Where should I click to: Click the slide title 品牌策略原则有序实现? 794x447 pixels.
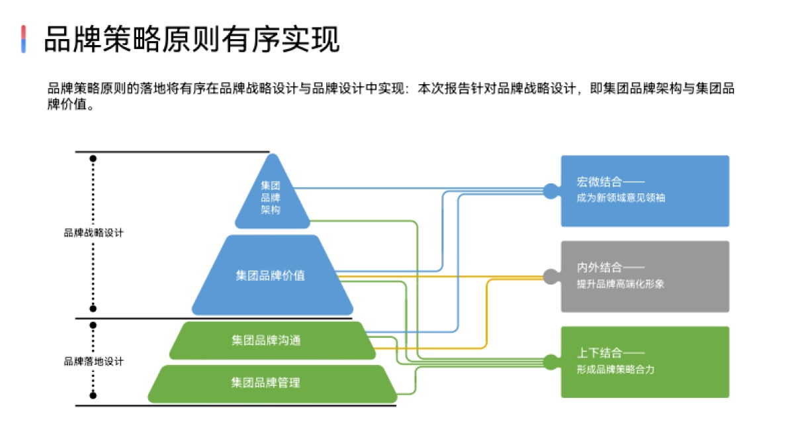[192, 40]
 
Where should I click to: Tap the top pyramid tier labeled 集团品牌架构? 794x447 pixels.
[271, 197]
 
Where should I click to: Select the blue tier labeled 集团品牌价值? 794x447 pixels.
[271, 275]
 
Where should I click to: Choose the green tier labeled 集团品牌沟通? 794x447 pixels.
[266, 340]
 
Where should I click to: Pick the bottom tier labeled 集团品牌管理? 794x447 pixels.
[266, 383]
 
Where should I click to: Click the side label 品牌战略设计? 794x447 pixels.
[93, 233]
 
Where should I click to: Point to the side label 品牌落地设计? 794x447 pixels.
[93, 362]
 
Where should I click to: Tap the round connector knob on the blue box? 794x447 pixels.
[551, 191]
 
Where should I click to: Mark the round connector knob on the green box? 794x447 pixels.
[551, 362]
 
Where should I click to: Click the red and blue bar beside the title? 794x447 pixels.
[24, 39]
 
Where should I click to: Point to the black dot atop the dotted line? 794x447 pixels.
[93, 159]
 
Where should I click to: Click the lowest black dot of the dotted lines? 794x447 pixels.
[93, 395]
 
